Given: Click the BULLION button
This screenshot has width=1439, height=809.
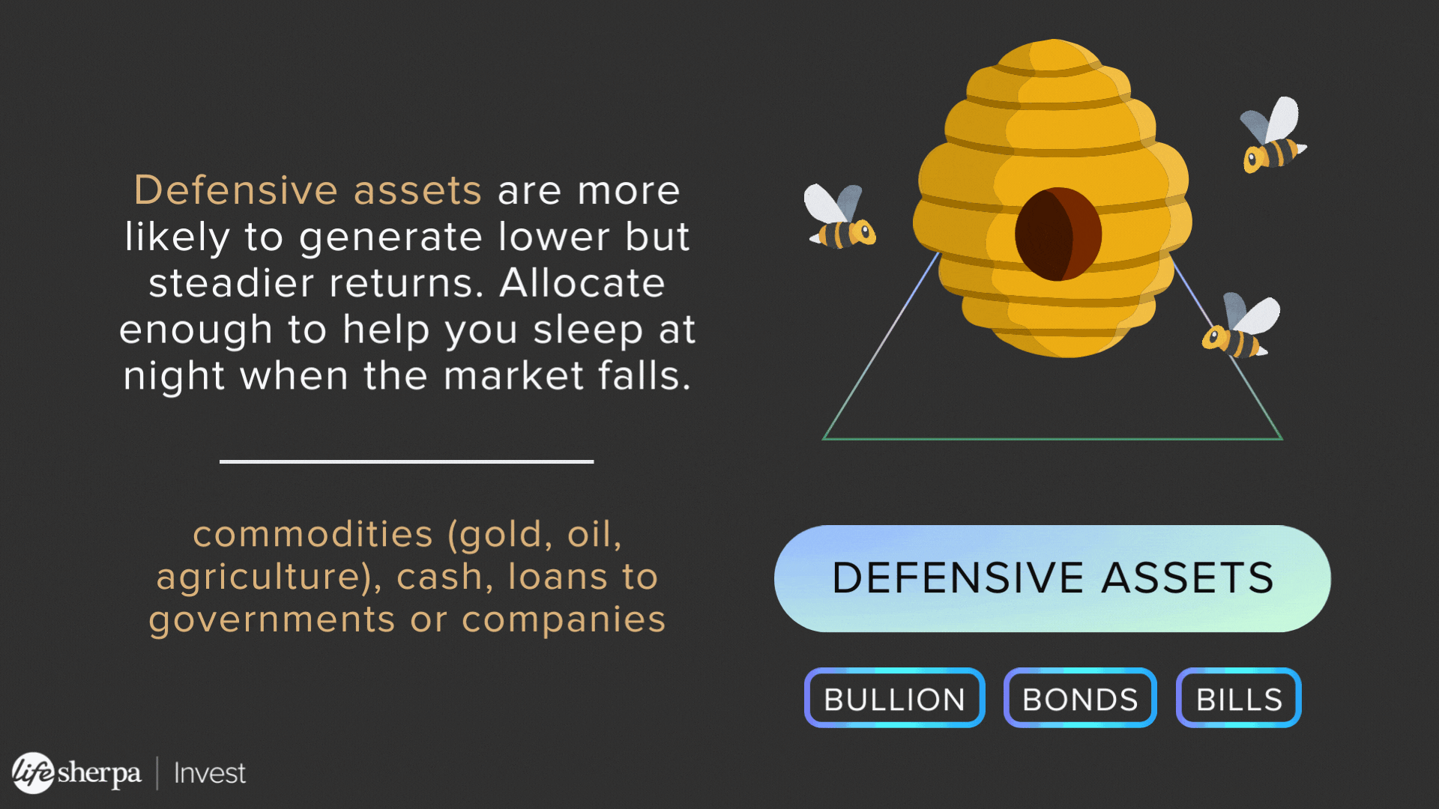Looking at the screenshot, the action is tap(894, 697).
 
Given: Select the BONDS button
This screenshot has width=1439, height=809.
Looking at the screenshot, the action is tap(1080, 697).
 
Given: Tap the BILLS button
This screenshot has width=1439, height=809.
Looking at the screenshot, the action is tap(1238, 697).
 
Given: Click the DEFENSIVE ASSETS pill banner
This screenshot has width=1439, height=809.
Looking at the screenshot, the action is tap(1052, 578).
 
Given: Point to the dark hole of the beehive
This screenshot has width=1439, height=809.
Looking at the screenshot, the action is tap(1058, 234).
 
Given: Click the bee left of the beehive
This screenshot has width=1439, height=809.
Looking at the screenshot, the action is tap(839, 216).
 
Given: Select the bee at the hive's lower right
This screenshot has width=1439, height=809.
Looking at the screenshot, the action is tap(1241, 327).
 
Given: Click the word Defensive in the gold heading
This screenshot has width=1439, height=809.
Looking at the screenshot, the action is tap(232, 190).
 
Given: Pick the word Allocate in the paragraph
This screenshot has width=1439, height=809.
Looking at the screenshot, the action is tap(582, 283).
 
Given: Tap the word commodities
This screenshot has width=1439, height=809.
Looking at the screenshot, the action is tap(313, 534).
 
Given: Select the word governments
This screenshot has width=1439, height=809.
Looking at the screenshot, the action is tap(271, 620).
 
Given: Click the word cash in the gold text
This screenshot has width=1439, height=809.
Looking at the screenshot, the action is tap(439, 577).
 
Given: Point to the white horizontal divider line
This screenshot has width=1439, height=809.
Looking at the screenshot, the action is tap(407, 461).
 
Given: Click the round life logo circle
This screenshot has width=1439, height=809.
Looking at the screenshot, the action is tap(33, 772).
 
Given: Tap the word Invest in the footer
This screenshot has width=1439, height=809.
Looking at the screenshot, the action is tap(210, 773).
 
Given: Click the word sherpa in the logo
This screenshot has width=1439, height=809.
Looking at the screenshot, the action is tap(99, 773).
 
